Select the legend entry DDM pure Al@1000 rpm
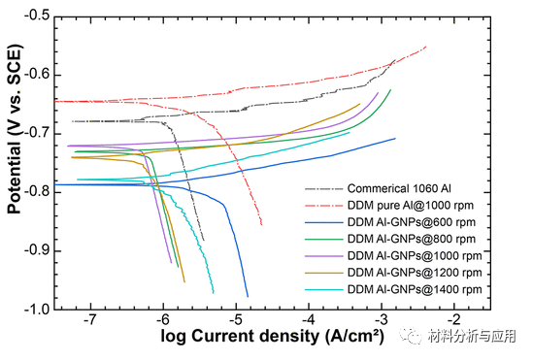click(x=404, y=207)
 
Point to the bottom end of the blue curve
click(x=248, y=296)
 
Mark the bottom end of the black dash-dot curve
click(x=204, y=240)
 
